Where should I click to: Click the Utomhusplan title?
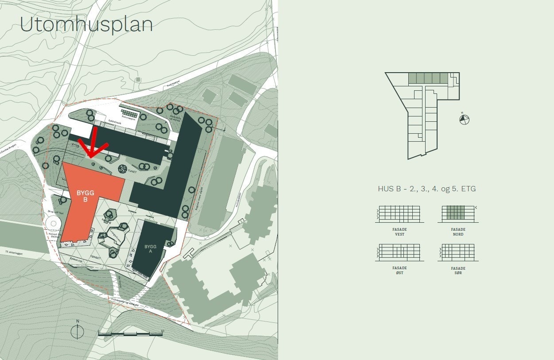coord(86,25)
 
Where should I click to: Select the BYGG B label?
coord(85,196)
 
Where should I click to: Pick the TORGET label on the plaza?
coord(95,257)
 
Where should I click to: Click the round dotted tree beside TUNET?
coord(123,169)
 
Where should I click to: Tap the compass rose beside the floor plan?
coord(464,119)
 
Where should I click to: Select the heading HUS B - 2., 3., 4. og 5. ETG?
coord(426,189)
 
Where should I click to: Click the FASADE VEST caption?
coord(400,232)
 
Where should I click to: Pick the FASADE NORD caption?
coord(458,232)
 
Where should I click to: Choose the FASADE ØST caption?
coord(400,270)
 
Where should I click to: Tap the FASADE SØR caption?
coord(458,270)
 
